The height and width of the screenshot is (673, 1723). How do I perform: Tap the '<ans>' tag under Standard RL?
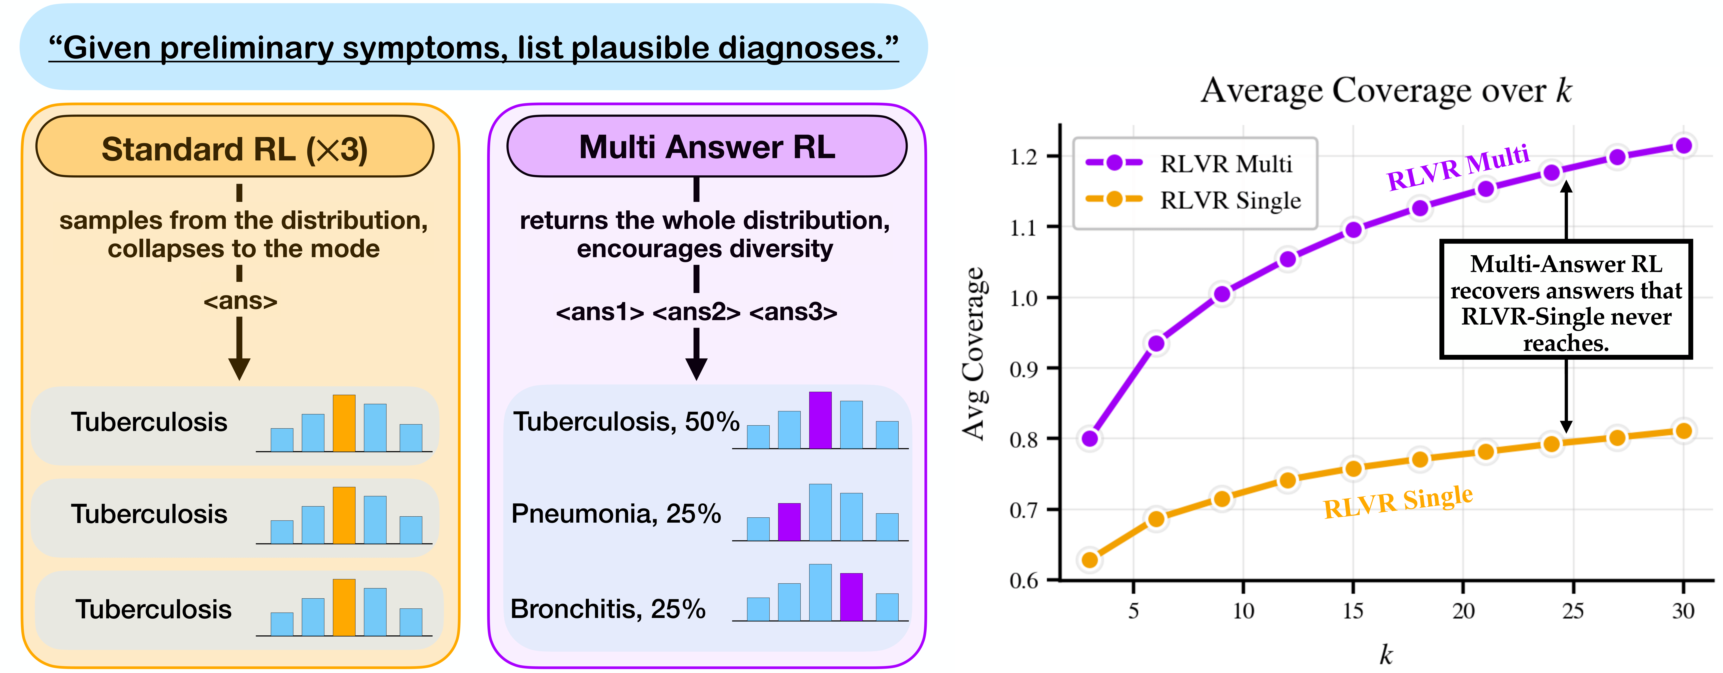pos(240,301)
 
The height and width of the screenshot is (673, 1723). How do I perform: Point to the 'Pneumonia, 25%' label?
pos(615,514)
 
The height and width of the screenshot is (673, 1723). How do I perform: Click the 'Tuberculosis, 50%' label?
pos(625,421)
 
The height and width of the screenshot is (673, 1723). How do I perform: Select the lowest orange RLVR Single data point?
pos(1090,559)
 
